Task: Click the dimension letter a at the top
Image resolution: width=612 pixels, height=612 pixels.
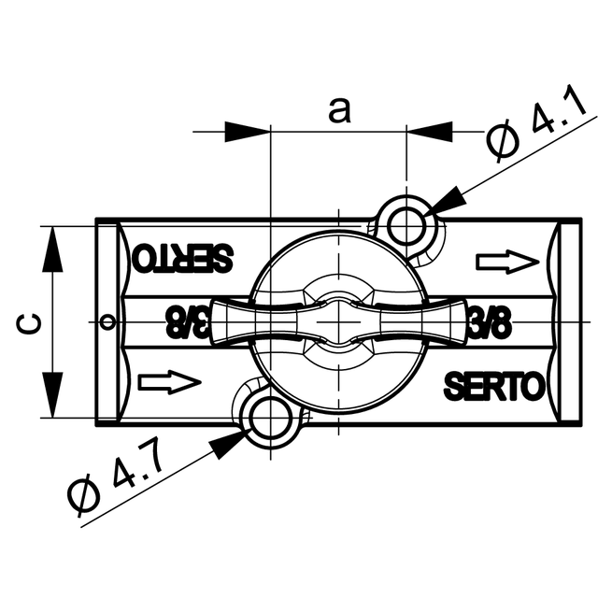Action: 339,110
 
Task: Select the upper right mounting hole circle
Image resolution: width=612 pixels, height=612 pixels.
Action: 407,225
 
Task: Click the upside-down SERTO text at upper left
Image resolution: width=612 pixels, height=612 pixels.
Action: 182,258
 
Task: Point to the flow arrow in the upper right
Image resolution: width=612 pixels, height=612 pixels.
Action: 507,262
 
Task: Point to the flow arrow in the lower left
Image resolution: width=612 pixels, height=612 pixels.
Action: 169,381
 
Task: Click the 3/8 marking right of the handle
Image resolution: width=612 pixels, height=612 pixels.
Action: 490,324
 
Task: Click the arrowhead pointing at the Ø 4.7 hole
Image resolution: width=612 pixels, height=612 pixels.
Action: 227,445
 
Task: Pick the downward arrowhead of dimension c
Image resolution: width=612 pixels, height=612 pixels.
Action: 52,395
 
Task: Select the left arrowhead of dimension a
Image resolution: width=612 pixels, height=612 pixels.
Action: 247,132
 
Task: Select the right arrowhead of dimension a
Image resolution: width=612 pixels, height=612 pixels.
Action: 429,132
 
